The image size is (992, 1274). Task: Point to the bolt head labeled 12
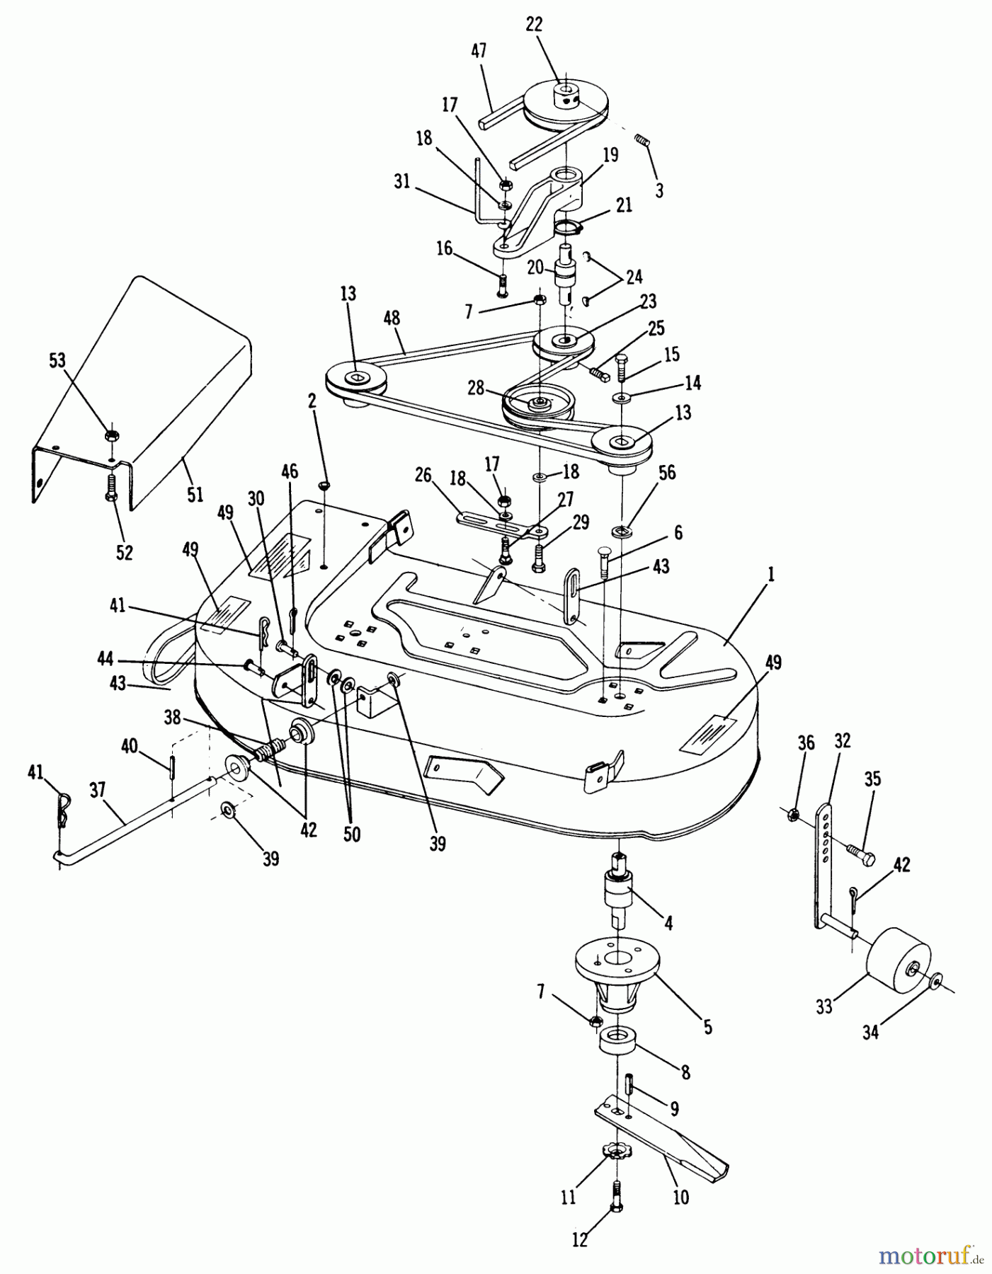pyautogui.click(x=613, y=1210)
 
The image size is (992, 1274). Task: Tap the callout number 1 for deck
pyautogui.click(x=771, y=575)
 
